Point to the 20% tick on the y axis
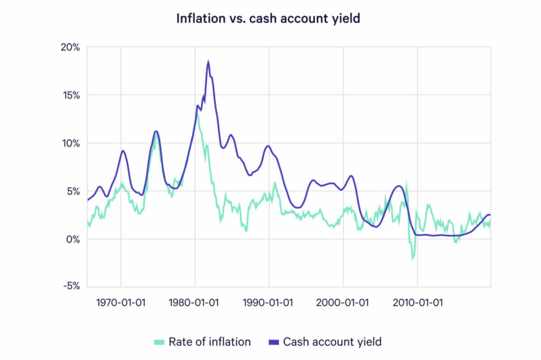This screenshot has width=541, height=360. (x=71, y=48)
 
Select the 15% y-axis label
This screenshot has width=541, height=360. (x=71, y=95)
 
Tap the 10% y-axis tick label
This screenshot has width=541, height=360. (x=71, y=143)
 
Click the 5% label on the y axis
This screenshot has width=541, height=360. (x=73, y=191)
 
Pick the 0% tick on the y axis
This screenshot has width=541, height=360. (x=73, y=239)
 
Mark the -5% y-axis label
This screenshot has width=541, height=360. (x=71, y=287)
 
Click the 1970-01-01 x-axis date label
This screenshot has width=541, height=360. (x=121, y=301)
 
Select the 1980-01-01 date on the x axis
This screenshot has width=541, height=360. (x=195, y=301)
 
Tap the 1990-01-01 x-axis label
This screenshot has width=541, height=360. (x=269, y=301)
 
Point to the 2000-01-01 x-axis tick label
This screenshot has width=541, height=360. (x=343, y=301)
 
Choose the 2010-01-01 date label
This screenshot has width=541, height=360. (x=417, y=301)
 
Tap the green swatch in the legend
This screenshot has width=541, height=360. (x=161, y=341)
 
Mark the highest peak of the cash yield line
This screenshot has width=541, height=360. (x=208, y=62)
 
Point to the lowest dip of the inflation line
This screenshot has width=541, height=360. (x=412, y=259)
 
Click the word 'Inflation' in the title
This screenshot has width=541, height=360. (x=200, y=18)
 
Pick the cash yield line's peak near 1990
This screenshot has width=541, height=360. (x=268, y=146)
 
